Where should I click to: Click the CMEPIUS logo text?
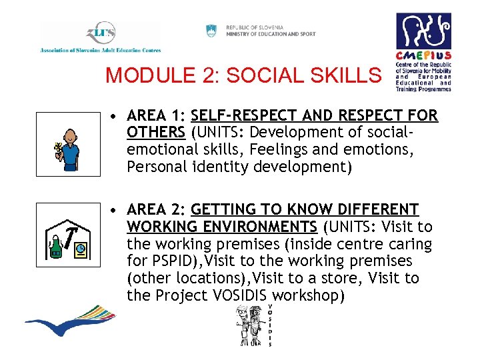[423, 56]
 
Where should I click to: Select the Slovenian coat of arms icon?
[211, 30]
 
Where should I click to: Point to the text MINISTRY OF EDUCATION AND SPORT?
[271, 34]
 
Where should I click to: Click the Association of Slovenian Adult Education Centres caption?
[101, 50]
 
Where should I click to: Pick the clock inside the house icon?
[81, 249]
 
